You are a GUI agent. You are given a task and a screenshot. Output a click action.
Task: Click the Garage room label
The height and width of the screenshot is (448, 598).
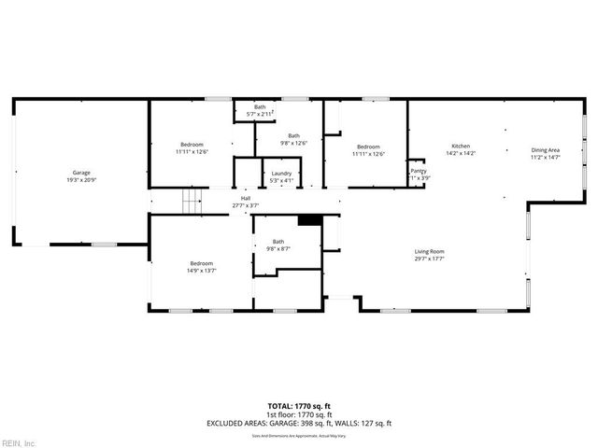81,173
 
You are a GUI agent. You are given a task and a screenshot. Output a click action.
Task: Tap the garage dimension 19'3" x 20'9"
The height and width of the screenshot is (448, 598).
81,179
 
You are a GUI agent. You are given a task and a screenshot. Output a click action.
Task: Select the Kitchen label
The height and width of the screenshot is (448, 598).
461,146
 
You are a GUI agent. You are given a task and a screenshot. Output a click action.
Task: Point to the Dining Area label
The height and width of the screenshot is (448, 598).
545,150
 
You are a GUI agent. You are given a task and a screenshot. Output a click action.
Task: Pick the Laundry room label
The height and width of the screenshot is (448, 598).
281,174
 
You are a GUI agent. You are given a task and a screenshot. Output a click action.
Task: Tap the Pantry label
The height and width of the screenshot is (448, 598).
419,171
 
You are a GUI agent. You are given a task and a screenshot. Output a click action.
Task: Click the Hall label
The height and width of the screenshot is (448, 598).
246,198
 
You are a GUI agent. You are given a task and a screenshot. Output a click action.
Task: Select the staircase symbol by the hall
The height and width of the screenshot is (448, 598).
192,201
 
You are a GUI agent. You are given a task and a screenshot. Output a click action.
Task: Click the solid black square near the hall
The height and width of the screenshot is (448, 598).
309,220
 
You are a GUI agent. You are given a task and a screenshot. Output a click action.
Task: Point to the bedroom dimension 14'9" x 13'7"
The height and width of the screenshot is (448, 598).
201,271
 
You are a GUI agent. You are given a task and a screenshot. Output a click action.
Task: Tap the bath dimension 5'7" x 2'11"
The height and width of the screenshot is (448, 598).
260,114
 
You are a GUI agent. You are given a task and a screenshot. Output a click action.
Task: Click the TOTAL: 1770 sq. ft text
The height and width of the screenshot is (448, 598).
299,406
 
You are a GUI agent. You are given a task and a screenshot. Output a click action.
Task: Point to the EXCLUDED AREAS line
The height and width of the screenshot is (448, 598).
299,423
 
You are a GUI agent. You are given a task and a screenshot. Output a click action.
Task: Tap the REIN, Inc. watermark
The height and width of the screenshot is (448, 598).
19,441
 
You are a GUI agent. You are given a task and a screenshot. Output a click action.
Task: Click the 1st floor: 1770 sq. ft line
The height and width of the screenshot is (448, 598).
299,414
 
